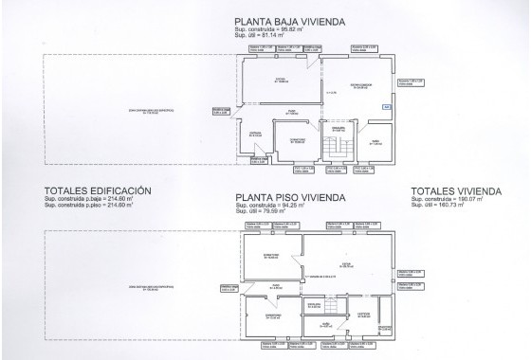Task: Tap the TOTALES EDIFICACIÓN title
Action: [x=84, y=190]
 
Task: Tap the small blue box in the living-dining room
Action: [x=386, y=106]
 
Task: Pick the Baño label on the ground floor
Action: [x=375, y=141]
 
